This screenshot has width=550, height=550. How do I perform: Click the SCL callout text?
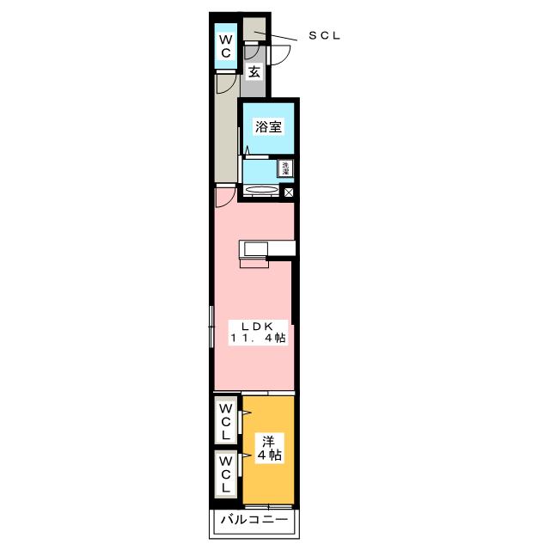click(325, 35)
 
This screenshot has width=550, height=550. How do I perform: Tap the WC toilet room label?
click(225, 46)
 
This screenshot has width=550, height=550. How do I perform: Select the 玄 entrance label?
click(254, 72)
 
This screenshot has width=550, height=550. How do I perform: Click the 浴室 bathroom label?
click(268, 126)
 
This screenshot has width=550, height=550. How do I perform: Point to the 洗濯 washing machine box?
click(286, 168)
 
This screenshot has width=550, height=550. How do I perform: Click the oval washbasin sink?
click(261, 189)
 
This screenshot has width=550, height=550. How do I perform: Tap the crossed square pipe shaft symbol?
click(289, 192)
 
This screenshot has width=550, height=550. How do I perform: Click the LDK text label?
click(258, 327)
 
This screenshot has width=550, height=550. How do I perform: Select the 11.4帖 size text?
click(258, 338)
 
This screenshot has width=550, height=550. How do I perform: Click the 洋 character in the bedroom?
click(268, 442)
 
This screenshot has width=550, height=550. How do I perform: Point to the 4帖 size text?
click(269, 455)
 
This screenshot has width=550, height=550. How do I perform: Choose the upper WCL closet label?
click(225, 422)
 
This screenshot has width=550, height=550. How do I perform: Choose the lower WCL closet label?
click(225, 474)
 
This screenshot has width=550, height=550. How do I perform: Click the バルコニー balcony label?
click(254, 519)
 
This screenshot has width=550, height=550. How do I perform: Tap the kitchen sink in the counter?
click(256, 249)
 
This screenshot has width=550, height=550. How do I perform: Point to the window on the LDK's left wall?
click(211, 327)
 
